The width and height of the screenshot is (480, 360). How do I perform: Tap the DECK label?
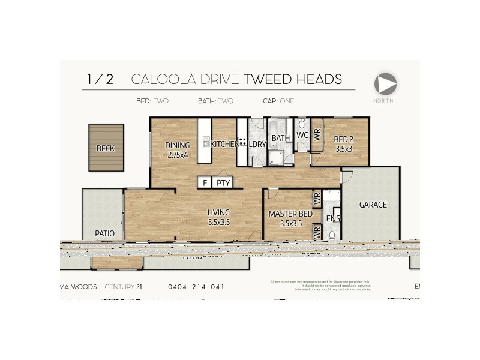tap(106, 148)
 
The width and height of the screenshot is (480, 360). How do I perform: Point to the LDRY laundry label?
tap(258, 145)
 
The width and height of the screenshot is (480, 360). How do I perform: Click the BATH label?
tap(281, 139)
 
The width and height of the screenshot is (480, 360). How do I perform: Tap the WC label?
tap(302, 136)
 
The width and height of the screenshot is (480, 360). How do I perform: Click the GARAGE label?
tap(373, 205)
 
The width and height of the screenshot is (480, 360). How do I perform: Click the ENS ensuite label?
tap(333, 219)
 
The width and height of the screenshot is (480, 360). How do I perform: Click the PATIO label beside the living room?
tap(104, 233)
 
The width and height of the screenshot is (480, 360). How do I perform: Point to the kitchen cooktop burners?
tap(242, 143)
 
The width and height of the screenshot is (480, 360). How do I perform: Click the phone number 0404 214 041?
tap(196, 287)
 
